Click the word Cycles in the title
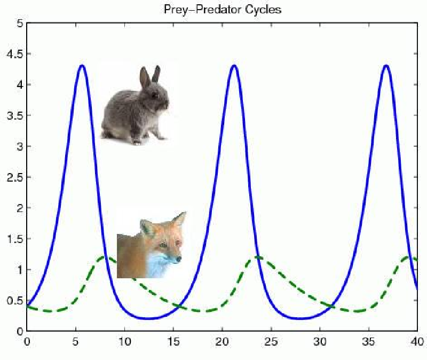263,10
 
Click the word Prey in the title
176,10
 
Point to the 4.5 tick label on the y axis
15,54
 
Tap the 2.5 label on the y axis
15,177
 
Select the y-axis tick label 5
20,23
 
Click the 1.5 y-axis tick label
15,239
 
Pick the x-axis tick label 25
271,341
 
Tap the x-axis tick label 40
417,341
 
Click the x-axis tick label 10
124,341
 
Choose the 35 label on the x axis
368,341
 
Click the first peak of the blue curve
82,66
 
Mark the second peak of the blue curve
234,66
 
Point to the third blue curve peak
386,66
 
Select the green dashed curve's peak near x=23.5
257,257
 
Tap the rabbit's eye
155,96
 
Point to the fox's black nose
178,259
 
